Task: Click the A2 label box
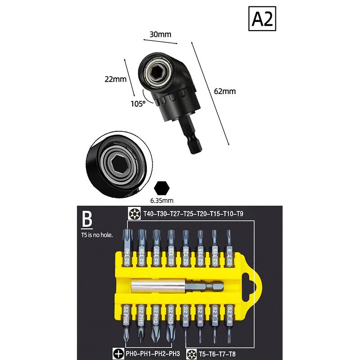[262, 18]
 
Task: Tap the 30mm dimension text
[161, 35]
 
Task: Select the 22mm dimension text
[116, 79]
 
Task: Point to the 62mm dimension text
[225, 91]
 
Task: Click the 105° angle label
[138, 104]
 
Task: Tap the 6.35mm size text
[162, 200]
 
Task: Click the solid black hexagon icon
[162, 188]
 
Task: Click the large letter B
[87, 219]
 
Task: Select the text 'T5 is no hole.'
[97, 235]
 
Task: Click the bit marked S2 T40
[127, 248]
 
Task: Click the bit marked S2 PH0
[126, 323]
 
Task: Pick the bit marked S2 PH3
[171, 323]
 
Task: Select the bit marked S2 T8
[229, 323]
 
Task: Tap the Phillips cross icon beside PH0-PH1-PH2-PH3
[118, 354]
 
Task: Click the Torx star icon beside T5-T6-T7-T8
[192, 354]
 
